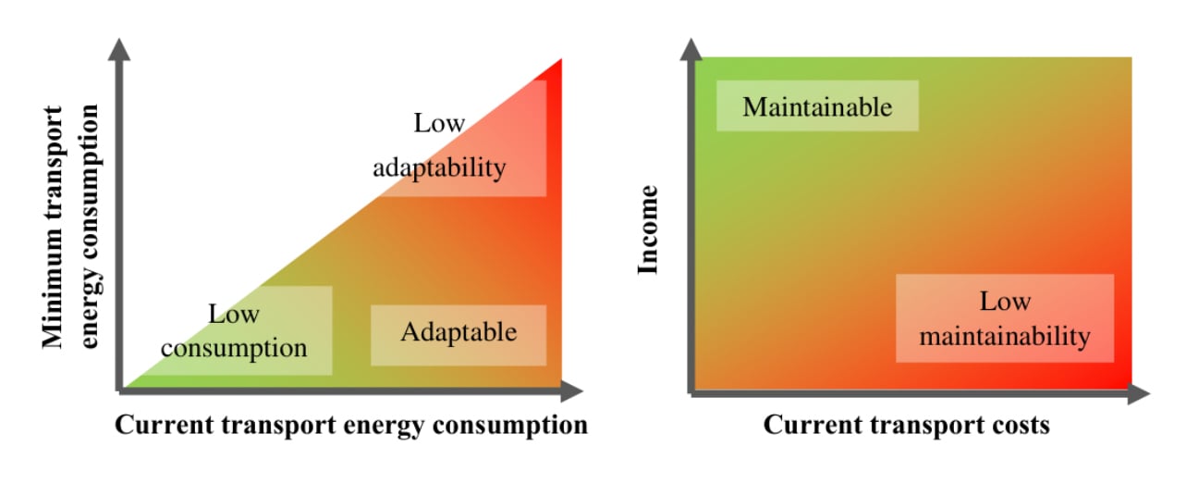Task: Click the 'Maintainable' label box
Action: tap(817, 106)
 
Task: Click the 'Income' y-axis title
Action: tap(649, 229)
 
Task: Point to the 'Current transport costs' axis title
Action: tap(906, 426)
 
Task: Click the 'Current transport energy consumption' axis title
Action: tap(350, 426)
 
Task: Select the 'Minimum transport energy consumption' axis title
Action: tap(70, 227)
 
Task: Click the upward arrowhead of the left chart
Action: tap(119, 51)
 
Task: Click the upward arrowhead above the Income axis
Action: tap(691, 51)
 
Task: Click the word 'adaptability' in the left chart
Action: tap(439, 167)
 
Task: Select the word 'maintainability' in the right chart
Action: tap(1005, 336)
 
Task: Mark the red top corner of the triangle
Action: tap(557, 67)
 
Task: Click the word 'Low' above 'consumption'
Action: tap(234, 315)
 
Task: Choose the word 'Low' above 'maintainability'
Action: tap(1005, 302)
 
